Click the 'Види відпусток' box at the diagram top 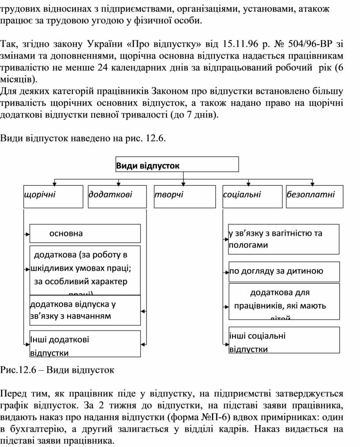tap(177, 165)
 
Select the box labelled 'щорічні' tap(53, 196)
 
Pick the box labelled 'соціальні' tap(252, 196)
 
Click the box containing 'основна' tap(85, 233)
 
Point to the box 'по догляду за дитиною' tap(284, 271)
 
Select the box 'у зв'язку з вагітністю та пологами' tap(284, 239)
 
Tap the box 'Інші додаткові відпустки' tap(85, 343)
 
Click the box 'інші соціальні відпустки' tap(284, 340)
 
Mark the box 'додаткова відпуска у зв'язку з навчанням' tap(85, 310)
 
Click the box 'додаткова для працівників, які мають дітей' tap(284, 301)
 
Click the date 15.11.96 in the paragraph tap(241, 44)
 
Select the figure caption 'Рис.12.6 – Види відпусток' tap(57, 370)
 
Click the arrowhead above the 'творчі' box tap(184, 183)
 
